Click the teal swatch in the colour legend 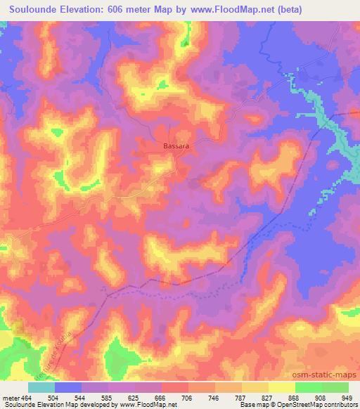tap(41, 387)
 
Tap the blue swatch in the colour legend tap(68, 387)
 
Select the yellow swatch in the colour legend tap(282, 387)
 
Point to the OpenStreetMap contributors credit tap(321, 404)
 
